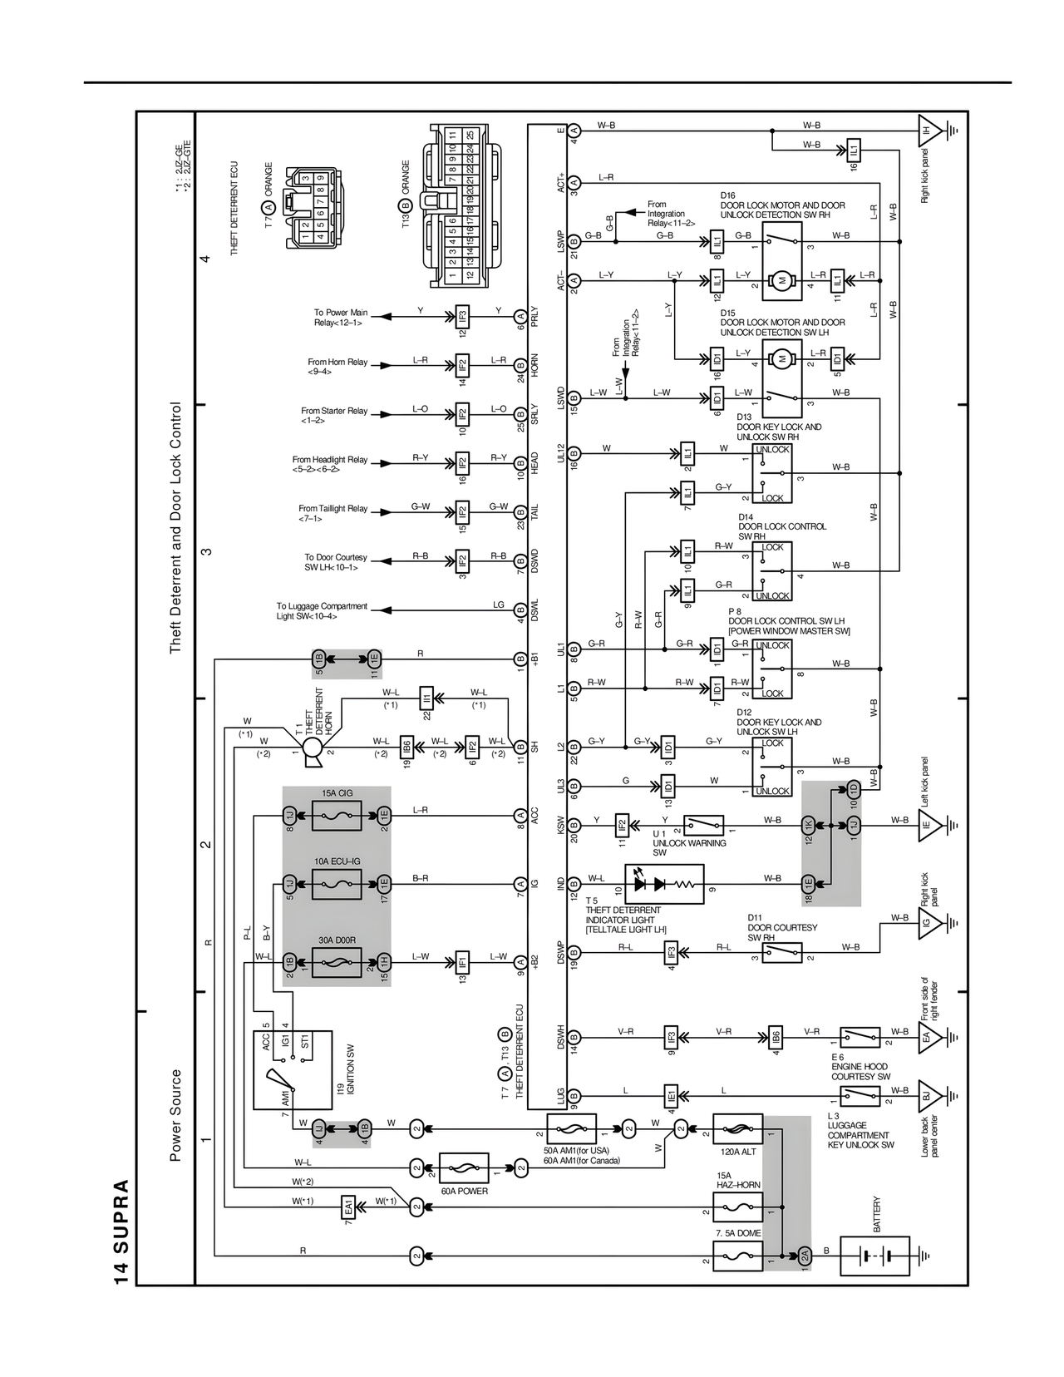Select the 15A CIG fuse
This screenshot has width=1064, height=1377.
pyautogui.click(x=337, y=816)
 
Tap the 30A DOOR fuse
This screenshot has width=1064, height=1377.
pyautogui.click(x=337, y=961)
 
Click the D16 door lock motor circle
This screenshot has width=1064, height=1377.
pyautogui.click(x=781, y=280)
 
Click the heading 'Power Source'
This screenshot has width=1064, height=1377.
pyautogui.click(x=175, y=1114)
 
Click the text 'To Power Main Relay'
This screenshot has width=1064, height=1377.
pyautogui.click(x=340, y=318)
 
